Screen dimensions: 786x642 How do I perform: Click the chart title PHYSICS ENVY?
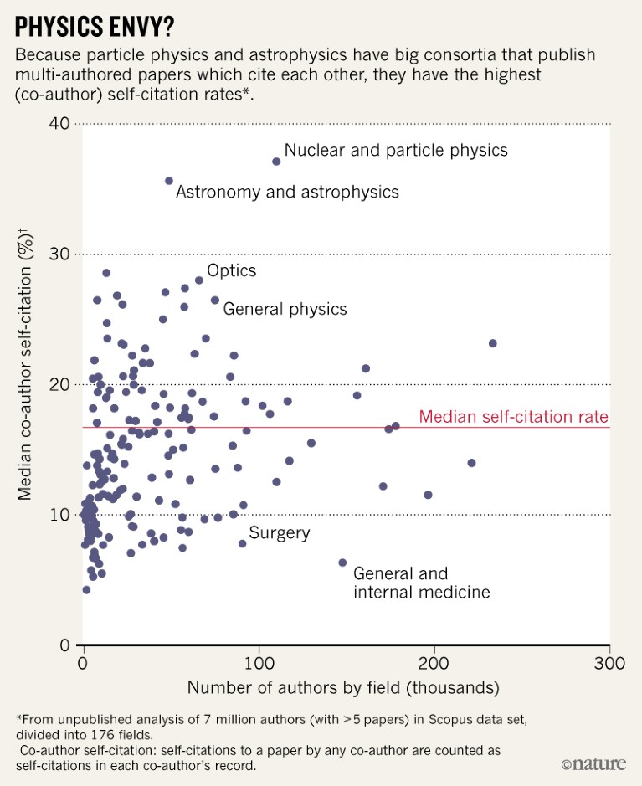[95, 26]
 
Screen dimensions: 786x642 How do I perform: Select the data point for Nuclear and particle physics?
[276, 161]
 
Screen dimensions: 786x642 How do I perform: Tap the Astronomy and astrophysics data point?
[169, 181]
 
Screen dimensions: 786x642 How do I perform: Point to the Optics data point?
[199, 280]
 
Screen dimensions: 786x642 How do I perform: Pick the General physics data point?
[215, 300]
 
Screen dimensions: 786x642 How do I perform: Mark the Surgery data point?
[243, 543]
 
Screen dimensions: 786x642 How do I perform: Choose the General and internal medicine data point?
[342, 563]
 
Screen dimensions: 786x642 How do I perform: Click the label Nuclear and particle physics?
[396, 151]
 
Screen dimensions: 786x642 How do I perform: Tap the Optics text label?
[231, 270]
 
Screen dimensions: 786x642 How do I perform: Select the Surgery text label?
[280, 533]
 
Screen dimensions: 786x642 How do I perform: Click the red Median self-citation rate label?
[514, 417]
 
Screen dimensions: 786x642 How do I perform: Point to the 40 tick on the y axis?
[59, 124]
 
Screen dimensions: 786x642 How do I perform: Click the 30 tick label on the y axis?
[59, 254]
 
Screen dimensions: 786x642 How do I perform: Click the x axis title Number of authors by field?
[343, 688]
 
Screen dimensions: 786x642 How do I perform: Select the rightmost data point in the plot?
[492, 343]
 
